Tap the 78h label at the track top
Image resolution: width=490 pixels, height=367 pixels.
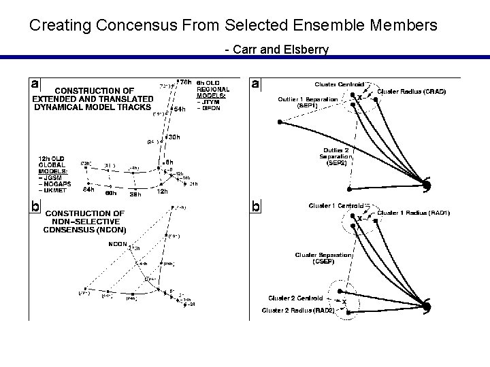pos(184,82)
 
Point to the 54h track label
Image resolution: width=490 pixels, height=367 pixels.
pos(180,109)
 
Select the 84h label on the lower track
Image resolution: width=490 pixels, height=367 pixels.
pos(88,190)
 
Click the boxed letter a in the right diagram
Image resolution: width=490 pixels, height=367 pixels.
pos(255,84)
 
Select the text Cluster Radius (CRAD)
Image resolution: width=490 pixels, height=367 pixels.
pos(411,91)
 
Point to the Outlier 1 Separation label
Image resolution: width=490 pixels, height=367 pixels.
pos(307,99)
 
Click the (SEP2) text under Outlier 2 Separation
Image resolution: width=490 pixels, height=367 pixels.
pos(336,163)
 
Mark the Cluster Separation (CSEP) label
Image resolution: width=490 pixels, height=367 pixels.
pos(323,258)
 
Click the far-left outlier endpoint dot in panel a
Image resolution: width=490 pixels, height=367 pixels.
pos(280,122)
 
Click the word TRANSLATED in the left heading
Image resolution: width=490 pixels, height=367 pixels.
pos(125,99)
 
